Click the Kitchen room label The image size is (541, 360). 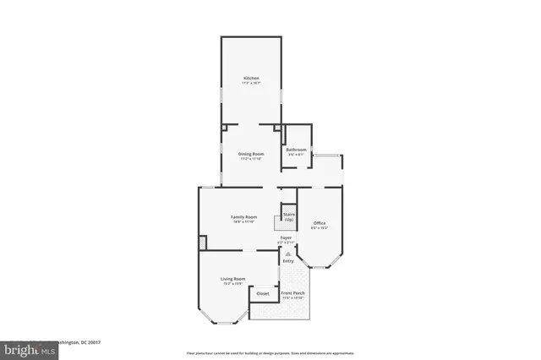(251, 79)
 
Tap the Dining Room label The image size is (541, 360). (251, 154)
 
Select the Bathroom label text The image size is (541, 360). (295, 150)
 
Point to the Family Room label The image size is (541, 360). (244, 217)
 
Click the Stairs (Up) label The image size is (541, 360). (288, 217)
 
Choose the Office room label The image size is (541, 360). (320, 223)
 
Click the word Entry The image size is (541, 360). (288, 260)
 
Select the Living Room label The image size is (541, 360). (233, 278)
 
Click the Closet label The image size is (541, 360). (263, 293)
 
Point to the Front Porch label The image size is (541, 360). (293, 292)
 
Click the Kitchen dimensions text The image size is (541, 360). (251, 84)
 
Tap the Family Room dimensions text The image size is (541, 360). (244, 222)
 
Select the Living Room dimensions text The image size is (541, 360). (233, 283)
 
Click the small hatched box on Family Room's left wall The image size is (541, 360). (202, 243)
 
